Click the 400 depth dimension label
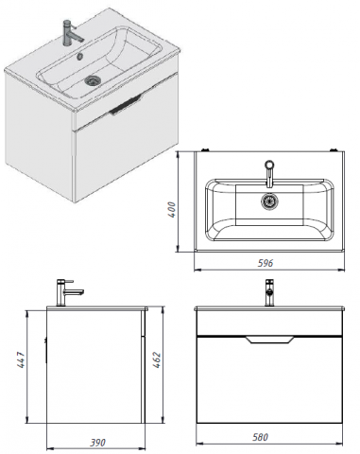tap(172, 209)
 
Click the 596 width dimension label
tap(266, 263)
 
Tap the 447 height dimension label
tap(21, 359)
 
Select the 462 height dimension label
tap(157, 359)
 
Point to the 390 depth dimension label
tap(98, 443)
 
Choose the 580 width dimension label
tap(260, 437)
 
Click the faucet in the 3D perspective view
tap(72, 33)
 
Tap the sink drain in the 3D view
tap(93, 80)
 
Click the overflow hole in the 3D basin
tap(80, 56)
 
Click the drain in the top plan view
tap(269, 201)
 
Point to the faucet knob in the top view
tap(269, 165)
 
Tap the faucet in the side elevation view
tap(69, 292)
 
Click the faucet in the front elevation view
tap(269, 292)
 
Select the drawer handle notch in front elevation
tap(269, 340)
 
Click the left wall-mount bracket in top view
tap(206, 149)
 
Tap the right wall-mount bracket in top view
tap(334, 149)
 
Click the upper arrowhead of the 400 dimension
tap(178, 154)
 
